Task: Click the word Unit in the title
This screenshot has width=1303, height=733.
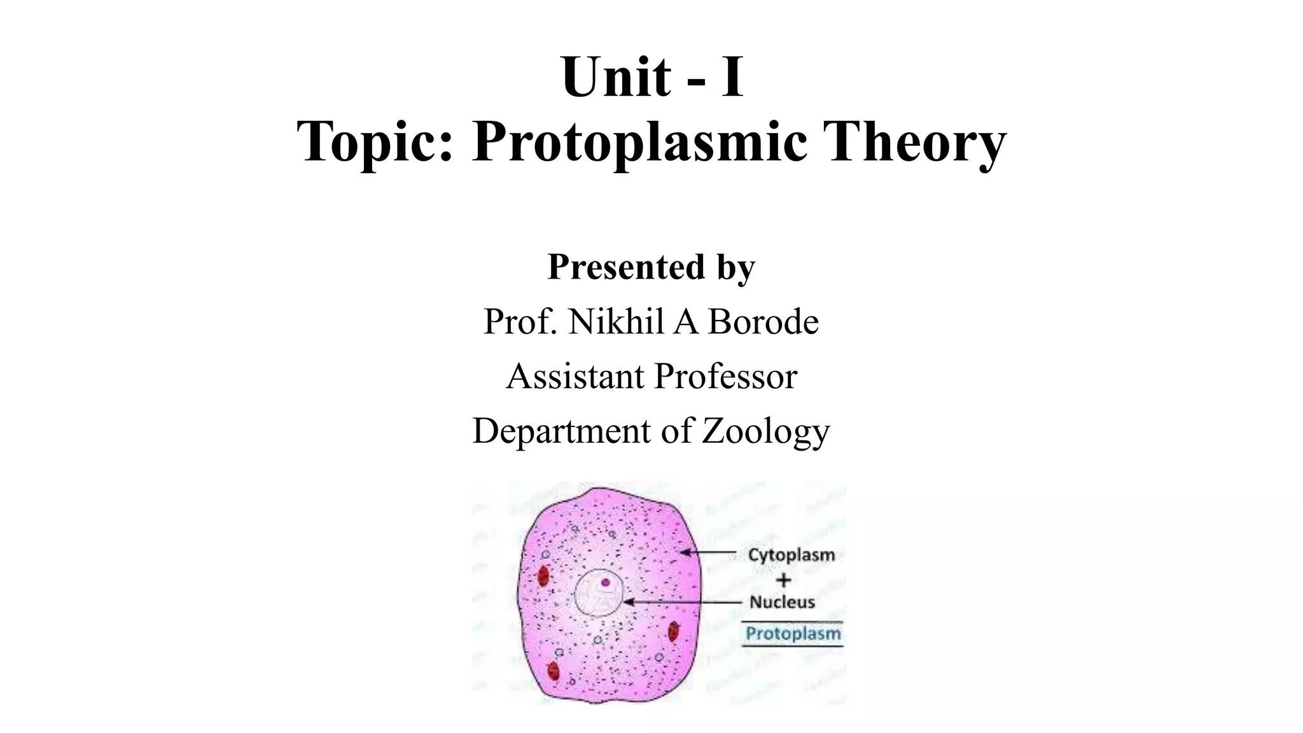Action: pyautogui.click(x=616, y=78)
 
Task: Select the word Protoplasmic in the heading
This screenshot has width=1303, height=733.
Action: pyautogui.click(x=639, y=144)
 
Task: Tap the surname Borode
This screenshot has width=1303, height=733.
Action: pyautogui.click(x=763, y=321)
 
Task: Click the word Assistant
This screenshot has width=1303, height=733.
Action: pyautogui.click(x=575, y=376)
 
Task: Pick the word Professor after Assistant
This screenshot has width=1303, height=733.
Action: pyautogui.click(x=725, y=376)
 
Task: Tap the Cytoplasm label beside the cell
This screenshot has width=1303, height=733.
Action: pyautogui.click(x=791, y=555)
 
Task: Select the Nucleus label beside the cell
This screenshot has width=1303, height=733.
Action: pyautogui.click(x=782, y=602)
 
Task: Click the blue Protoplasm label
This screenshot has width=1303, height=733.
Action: pyautogui.click(x=793, y=634)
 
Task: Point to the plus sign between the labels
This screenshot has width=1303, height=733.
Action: pyautogui.click(x=784, y=580)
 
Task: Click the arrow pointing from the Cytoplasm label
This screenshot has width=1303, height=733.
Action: pyautogui.click(x=710, y=553)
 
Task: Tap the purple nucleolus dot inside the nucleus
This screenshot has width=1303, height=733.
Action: pyautogui.click(x=606, y=582)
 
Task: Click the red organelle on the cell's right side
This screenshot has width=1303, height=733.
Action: pyautogui.click(x=673, y=632)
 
